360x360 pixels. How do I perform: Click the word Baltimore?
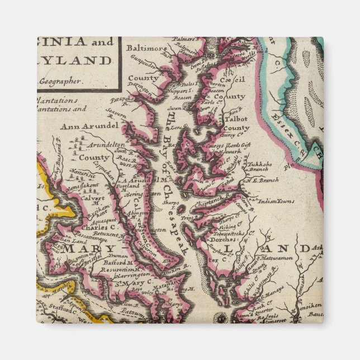click(147, 49)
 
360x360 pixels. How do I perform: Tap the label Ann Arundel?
click(91, 126)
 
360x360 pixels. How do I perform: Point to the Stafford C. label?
click(58, 309)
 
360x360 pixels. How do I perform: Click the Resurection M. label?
click(116, 269)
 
